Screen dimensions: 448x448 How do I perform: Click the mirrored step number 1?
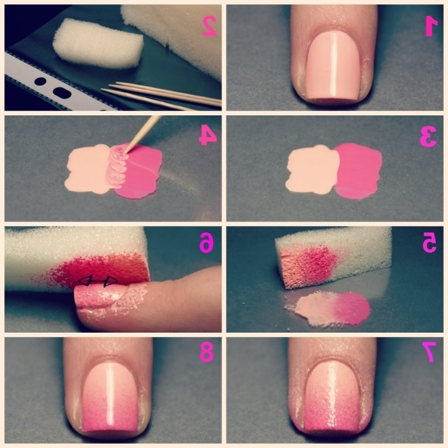[x=431, y=26]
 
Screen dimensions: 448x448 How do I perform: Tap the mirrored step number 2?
[x=210, y=26]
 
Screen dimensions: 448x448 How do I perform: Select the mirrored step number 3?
[x=428, y=136]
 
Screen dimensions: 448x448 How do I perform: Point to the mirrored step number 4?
[x=207, y=136]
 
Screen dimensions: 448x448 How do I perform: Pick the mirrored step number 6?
[x=207, y=242]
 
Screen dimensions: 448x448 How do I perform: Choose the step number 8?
[x=207, y=353]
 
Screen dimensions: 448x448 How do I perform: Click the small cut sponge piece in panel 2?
[x=98, y=43]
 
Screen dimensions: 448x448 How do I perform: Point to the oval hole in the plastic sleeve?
[x=62, y=93]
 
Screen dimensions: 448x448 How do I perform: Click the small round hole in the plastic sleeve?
[x=41, y=82]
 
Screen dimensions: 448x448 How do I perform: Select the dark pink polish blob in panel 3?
[x=358, y=171]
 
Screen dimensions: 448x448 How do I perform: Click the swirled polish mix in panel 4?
[x=117, y=166]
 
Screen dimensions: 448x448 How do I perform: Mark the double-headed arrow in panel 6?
[x=98, y=282]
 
